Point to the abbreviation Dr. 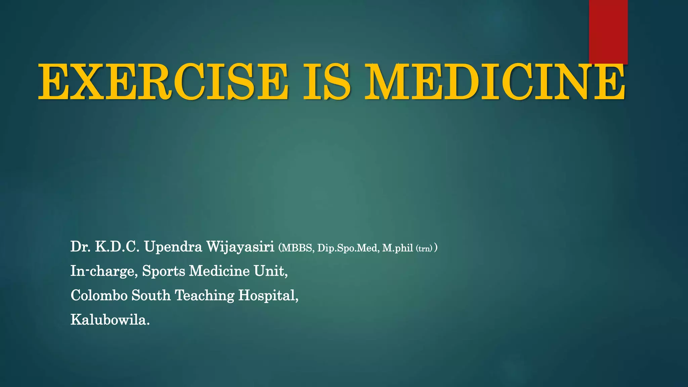pos(80,247)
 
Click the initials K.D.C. pos(117,247)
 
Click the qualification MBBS pos(298,248)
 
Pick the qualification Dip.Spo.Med pos(348,248)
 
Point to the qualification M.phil pos(397,248)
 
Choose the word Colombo pos(99,295)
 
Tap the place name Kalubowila pos(110,319)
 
